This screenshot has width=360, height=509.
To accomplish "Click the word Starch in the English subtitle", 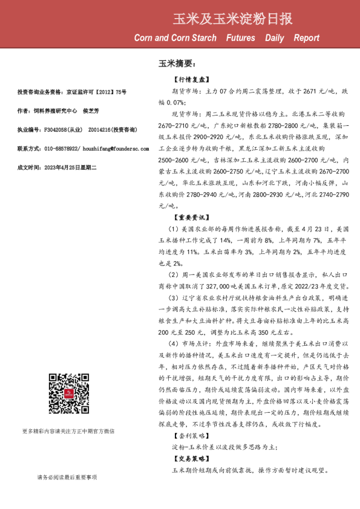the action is (x=201, y=38).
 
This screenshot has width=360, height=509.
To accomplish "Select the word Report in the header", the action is (x=306, y=38).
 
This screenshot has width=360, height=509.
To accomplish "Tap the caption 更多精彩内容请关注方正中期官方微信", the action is (x=68, y=431).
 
